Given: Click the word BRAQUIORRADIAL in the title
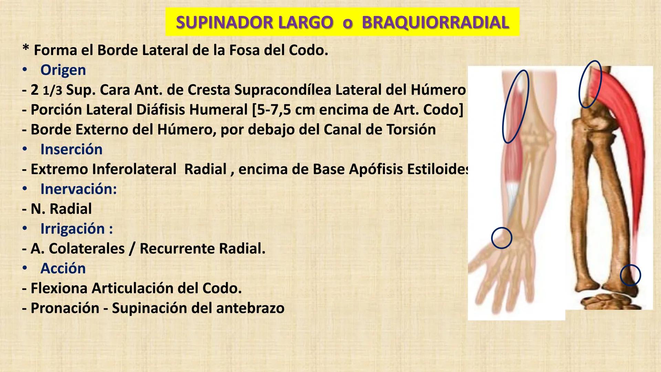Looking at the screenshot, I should [x=435, y=23].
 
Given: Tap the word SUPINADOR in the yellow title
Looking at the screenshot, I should [x=224, y=23].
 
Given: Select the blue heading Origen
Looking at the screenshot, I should [x=63, y=70].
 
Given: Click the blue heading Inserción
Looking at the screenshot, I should [x=71, y=149].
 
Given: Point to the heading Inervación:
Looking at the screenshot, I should [x=78, y=189].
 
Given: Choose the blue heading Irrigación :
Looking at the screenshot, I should [x=76, y=228].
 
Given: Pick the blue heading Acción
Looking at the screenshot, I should [x=63, y=268].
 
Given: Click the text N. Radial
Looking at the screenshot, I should [x=61, y=209].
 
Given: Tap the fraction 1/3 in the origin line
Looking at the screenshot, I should [x=52, y=91].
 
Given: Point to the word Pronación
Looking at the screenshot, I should [x=65, y=308].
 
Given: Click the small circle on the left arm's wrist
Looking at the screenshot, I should [x=502, y=238].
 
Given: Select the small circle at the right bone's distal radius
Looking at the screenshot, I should [x=630, y=275].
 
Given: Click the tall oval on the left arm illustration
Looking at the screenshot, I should [x=515, y=106].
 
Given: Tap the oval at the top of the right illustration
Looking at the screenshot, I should [x=590, y=84].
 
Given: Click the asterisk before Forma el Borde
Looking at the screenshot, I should [x=25, y=49].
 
